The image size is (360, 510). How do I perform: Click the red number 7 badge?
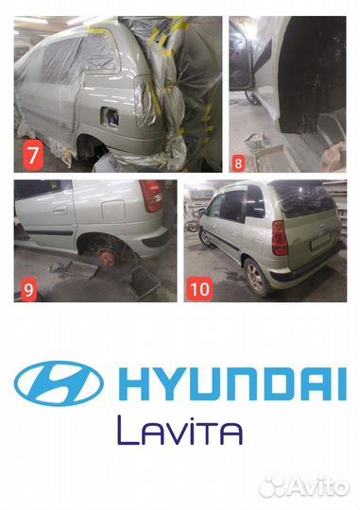(x=33, y=156)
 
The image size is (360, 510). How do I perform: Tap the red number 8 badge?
(x=239, y=163)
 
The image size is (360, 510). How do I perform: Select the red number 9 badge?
(x=28, y=290)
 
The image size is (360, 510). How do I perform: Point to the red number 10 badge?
(x=199, y=289)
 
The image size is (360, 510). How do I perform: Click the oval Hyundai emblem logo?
(x=59, y=383)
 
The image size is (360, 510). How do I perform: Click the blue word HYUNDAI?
(x=232, y=383)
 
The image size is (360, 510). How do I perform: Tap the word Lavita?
(x=180, y=431)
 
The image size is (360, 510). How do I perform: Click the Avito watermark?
(x=304, y=487)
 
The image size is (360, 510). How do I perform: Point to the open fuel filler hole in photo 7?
(x=110, y=117)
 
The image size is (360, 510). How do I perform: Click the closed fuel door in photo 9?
(x=113, y=210)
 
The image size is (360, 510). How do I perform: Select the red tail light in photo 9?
(x=151, y=195)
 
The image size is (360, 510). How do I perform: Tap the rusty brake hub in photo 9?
(x=107, y=259)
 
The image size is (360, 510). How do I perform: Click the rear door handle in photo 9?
(x=60, y=209)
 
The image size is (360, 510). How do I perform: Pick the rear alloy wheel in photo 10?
(x=256, y=278)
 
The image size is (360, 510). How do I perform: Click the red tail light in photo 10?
(x=280, y=238)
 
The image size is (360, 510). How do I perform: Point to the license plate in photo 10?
(x=320, y=242)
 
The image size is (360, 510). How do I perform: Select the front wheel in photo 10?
(x=205, y=237)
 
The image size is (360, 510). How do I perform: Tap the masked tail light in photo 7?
(x=146, y=101)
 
